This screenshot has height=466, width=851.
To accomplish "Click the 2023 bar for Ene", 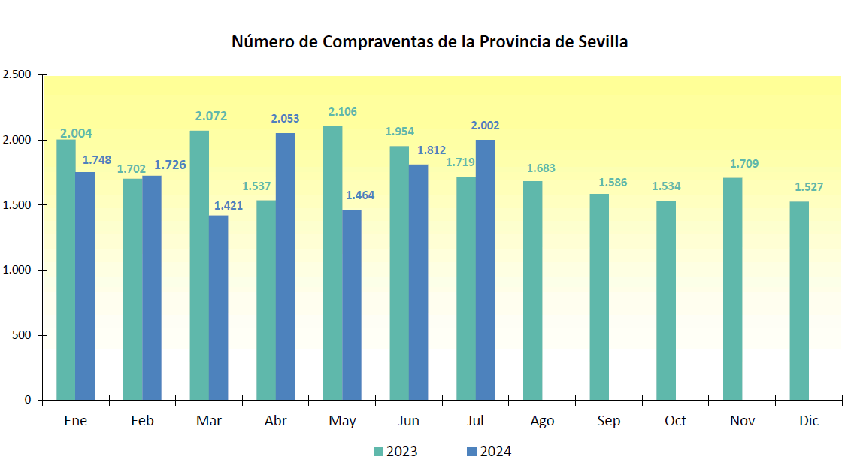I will pyautogui.click(x=66, y=269).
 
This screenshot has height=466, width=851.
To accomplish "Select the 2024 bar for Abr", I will pyautogui.click(x=285, y=266).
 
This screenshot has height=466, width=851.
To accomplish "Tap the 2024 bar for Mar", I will pyautogui.click(x=219, y=307).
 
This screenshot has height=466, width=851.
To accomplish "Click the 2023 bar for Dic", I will pyautogui.click(x=799, y=301).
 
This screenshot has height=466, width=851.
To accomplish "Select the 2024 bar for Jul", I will pyautogui.click(x=485, y=270).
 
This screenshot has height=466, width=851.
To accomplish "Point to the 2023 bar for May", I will pyautogui.click(x=332, y=263).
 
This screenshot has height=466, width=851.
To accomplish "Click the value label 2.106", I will pyautogui.click(x=343, y=112).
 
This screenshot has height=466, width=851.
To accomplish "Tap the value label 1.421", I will pyautogui.click(x=229, y=205).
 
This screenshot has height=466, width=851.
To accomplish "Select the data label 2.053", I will pyautogui.click(x=285, y=119).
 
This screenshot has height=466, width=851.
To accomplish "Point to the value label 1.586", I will pyautogui.click(x=613, y=183).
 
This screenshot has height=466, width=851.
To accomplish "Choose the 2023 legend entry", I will pyautogui.click(x=395, y=452).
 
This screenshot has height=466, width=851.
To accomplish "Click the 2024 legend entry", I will pyautogui.click(x=489, y=452).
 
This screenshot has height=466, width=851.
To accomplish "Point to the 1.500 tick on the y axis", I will pyautogui.click(x=17, y=205).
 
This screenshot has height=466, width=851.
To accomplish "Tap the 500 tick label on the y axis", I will pyautogui.click(x=23, y=335).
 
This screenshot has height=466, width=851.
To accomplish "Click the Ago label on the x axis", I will pyautogui.click(x=542, y=421).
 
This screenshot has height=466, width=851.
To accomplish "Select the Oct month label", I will pyautogui.click(x=675, y=421).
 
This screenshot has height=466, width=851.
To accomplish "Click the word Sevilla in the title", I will pyautogui.click(x=602, y=42).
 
